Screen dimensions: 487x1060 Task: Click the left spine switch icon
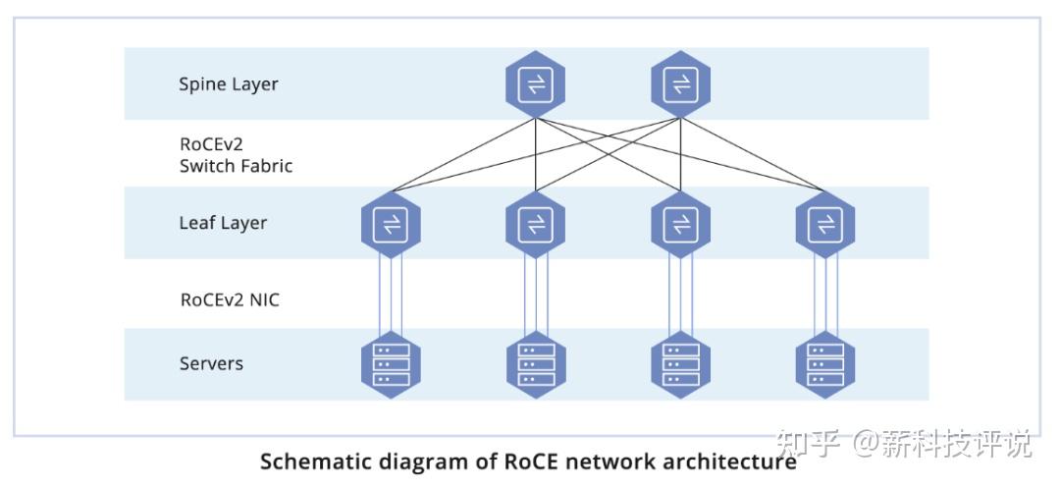(x=535, y=84)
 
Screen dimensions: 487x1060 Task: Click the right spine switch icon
(x=680, y=84)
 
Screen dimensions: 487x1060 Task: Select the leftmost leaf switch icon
(x=391, y=225)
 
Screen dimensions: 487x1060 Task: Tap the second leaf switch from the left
(x=535, y=225)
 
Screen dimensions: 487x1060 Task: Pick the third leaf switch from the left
(x=680, y=225)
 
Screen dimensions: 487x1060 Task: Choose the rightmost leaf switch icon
(x=824, y=225)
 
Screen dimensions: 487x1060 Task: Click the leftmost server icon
(x=391, y=364)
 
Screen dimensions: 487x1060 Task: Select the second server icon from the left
(x=535, y=364)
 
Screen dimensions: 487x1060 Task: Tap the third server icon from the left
(x=680, y=364)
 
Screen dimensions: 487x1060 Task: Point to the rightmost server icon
(x=824, y=364)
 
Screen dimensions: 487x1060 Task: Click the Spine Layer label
(x=228, y=84)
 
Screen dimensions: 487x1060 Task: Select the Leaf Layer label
(x=223, y=224)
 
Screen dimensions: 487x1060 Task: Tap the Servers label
(x=210, y=364)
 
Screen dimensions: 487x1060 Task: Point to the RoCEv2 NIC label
(x=230, y=300)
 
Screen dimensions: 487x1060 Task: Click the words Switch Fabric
(x=236, y=166)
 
